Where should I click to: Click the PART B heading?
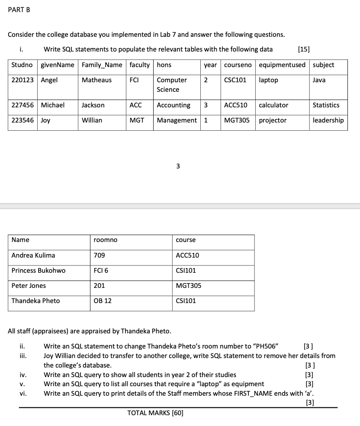click(19, 10)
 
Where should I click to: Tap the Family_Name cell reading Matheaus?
click(96, 80)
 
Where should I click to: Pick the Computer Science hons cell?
click(172, 85)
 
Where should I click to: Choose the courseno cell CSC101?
click(235, 80)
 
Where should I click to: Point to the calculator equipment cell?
click(273, 105)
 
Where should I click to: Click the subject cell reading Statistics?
click(326, 105)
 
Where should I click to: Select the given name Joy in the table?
click(45, 120)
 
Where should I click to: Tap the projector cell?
click(273, 120)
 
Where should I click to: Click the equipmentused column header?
click(282, 65)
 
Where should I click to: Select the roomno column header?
click(105, 240)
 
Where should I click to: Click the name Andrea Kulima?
click(33, 255)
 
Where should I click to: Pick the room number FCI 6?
click(101, 271)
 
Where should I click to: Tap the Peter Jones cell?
click(29, 286)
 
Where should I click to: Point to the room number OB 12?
click(103, 301)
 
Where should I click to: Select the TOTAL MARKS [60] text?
click(155, 413)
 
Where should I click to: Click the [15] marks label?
click(304, 49)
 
